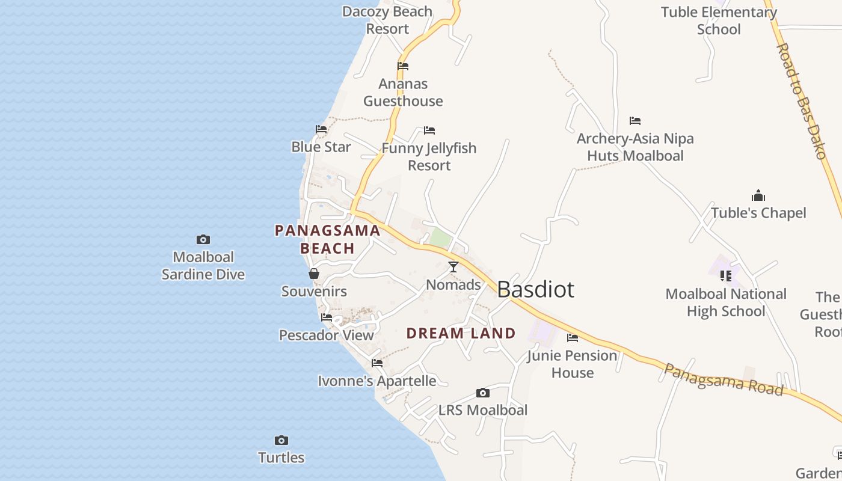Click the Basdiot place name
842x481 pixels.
point(535,290)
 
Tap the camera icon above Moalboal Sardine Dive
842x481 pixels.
point(203,240)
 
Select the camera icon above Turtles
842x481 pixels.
point(281,440)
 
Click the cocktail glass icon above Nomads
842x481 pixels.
point(453,267)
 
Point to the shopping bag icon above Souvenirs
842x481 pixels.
point(314,274)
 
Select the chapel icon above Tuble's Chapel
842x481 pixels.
point(758,195)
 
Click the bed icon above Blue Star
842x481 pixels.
point(321,129)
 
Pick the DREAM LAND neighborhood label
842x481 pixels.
point(461,333)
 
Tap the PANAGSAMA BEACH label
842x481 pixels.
point(328,239)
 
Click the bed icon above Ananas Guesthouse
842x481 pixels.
point(403,66)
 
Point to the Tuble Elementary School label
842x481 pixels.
point(719,20)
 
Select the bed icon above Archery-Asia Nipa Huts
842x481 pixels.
point(635,121)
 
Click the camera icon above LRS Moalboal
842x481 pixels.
point(482,393)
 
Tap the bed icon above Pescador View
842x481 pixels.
point(327,317)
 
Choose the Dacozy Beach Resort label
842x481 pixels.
point(387,20)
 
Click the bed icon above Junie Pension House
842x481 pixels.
point(573,338)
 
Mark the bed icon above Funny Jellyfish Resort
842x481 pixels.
point(429,130)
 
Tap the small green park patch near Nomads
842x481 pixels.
point(440,239)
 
